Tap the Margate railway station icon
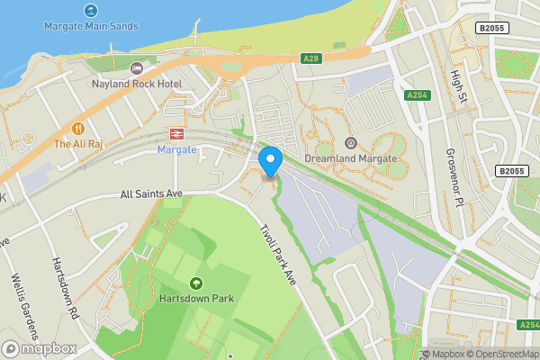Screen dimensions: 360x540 point(176,133)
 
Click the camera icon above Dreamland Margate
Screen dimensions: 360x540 point(351,143)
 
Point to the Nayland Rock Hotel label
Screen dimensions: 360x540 point(137,84)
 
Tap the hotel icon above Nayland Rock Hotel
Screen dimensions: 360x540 point(137,68)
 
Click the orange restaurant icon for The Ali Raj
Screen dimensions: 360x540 point(78,128)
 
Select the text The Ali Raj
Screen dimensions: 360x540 point(78,144)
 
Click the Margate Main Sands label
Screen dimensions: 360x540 point(91,26)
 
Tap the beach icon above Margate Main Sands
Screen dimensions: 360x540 point(90,10)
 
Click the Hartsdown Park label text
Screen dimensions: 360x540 point(197,299)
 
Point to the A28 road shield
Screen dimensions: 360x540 point(311,58)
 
